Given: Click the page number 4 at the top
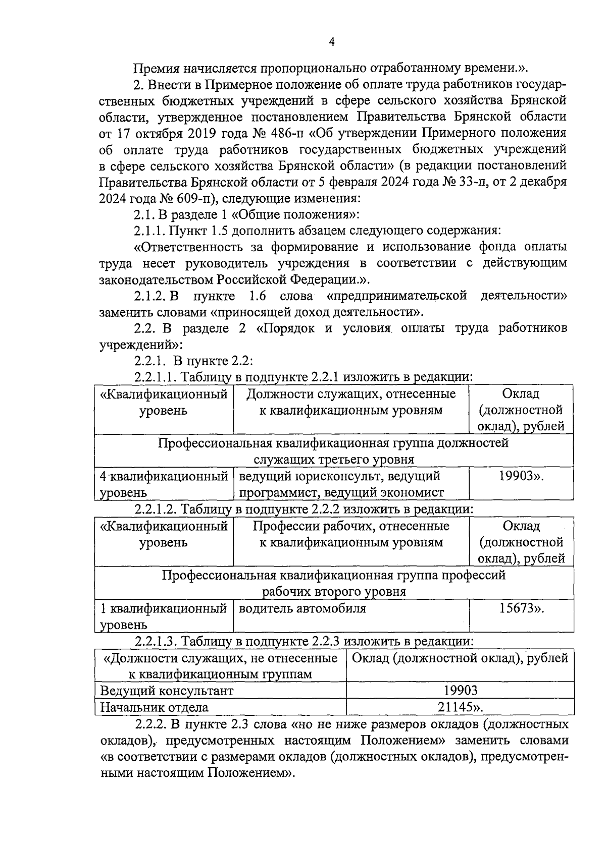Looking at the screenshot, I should (x=331, y=42).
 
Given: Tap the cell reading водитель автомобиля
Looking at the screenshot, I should (x=302, y=608).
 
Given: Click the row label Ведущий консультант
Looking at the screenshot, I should (x=167, y=691).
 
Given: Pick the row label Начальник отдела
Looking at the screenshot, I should (x=154, y=707).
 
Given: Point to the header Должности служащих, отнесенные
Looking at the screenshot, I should (x=351, y=394).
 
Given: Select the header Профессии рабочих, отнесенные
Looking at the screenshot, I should (x=351, y=526).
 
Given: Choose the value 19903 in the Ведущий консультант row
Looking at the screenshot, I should (x=460, y=691).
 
